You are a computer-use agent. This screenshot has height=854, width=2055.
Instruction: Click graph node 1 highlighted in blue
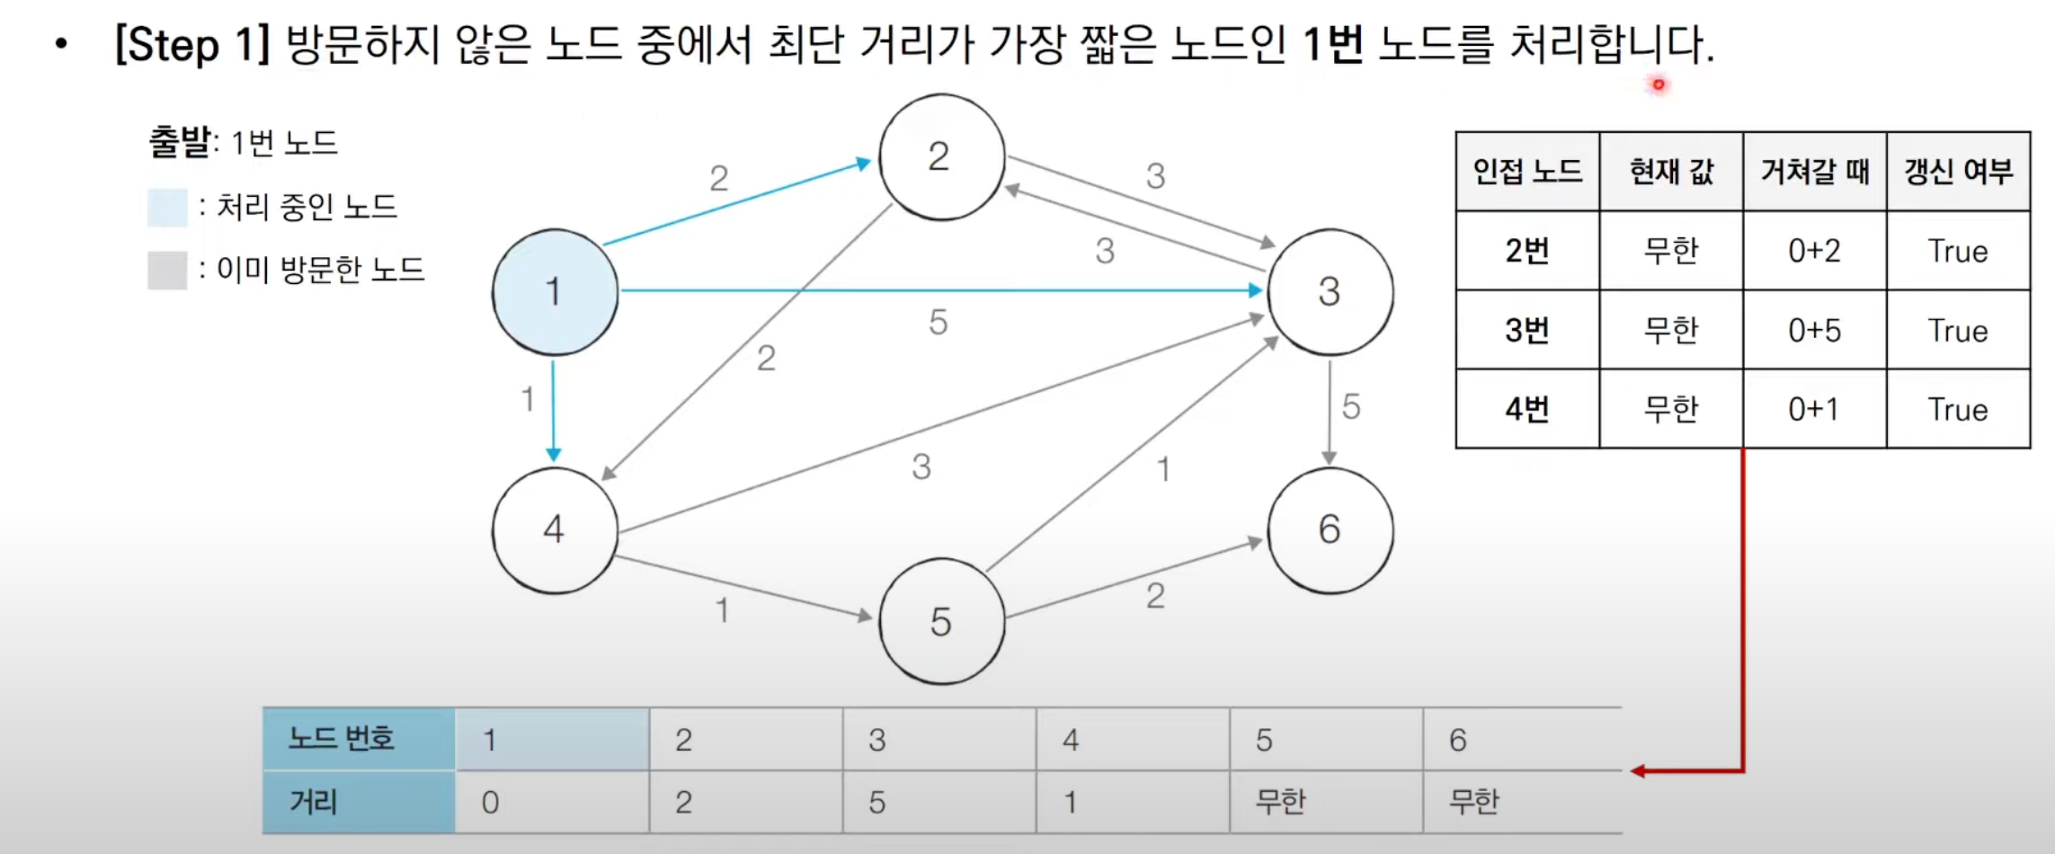click(x=555, y=291)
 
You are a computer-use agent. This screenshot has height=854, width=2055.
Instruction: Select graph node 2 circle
click(x=941, y=157)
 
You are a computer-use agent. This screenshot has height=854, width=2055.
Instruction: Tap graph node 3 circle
click(x=1330, y=291)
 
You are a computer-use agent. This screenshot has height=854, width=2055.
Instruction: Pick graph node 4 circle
click(x=555, y=529)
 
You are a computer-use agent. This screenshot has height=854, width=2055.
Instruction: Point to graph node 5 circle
click(x=941, y=621)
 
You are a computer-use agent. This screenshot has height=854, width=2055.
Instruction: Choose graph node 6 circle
click(x=1330, y=529)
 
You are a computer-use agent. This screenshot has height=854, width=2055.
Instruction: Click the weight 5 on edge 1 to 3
click(x=938, y=322)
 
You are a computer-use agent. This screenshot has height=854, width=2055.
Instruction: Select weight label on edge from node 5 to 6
click(x=1155, y=596)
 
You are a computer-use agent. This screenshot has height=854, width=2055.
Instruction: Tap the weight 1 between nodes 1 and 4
click(x=528, y=398)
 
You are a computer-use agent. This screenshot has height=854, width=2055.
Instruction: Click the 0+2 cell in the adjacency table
click(x=1814, y=251)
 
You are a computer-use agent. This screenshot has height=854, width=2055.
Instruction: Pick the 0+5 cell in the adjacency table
click(x=1814, y=330)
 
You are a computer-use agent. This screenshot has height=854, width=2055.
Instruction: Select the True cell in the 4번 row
click(x=1957, y=409)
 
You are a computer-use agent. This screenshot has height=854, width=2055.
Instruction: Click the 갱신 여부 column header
click(x=1957, y=171)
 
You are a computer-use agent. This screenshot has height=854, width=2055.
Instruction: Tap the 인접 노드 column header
click(x=1526, y=171)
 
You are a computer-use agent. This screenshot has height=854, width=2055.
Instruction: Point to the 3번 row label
click(x=1526, y=330)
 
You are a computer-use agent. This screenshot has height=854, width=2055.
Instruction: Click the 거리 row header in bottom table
click(x=358, y=801)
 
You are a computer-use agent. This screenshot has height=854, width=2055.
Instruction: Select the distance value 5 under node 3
click(x=877, y=802)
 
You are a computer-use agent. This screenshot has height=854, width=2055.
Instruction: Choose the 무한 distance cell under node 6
click(x=1474, y=801)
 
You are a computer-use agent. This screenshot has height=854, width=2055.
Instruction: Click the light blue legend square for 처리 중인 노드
click(x=167, y=208)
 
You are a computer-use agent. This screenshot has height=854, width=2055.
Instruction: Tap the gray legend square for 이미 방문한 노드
click(x=167, y=270)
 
